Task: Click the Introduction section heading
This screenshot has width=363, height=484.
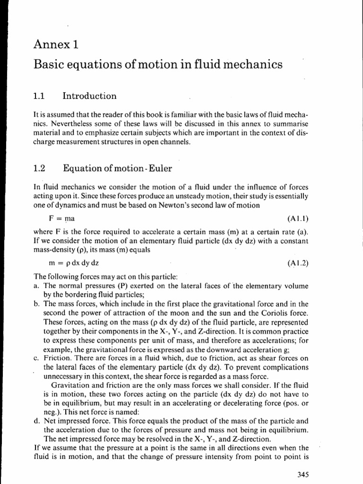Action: [89, 96]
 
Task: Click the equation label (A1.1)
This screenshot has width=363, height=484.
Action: [297, 219]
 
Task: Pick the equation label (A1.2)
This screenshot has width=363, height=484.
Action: [297, 262]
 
